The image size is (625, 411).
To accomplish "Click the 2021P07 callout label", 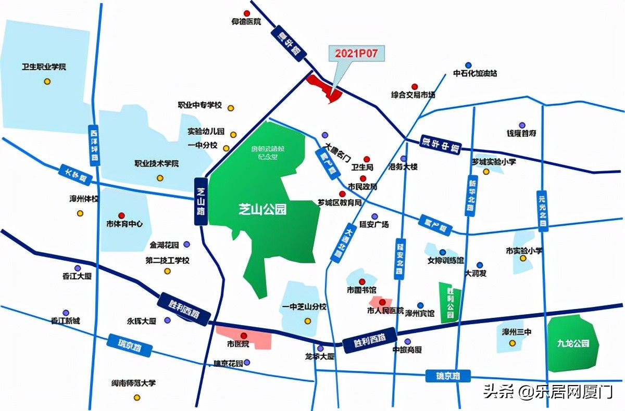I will [356, 53].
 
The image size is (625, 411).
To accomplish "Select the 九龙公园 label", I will [572, 343].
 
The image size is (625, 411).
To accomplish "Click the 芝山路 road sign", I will [201, 201].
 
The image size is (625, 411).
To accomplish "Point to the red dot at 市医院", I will [243, 335].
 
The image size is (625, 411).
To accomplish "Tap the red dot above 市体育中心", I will [121, 215].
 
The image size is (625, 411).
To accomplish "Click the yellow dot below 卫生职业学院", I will [47, 81].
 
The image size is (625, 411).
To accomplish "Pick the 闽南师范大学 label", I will [133, 383].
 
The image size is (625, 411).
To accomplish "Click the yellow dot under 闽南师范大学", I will [137, 397].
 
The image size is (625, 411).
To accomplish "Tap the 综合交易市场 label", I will [413, 95].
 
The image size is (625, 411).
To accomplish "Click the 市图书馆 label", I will [361, 289].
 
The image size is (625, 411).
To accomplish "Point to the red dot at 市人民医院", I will [382, 302].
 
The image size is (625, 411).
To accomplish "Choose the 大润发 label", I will [476, 273].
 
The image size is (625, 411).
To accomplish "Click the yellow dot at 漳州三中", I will [512, 343].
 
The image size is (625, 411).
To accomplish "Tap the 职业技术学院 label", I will [157, 164].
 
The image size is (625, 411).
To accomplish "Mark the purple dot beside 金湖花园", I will [187, 244].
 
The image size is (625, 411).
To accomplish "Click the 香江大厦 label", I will [77, 276].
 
